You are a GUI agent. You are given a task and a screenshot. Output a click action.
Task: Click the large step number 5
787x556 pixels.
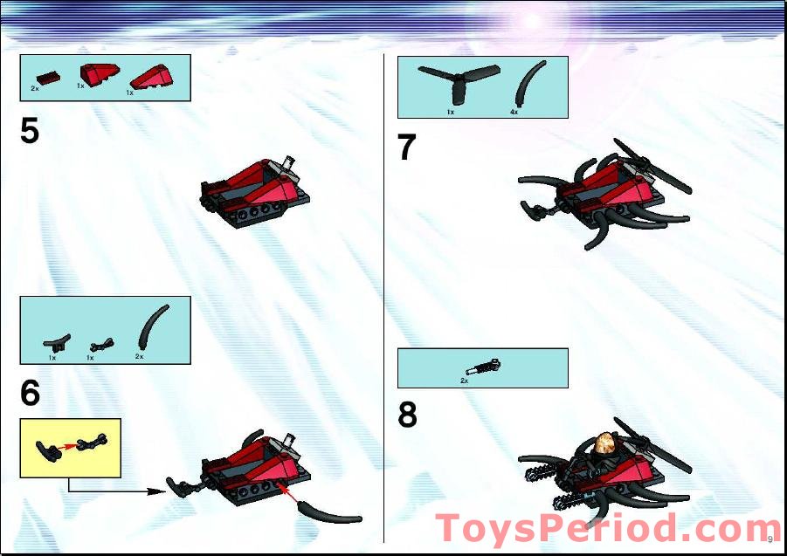30,130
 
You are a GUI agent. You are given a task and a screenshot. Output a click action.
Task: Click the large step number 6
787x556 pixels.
30,393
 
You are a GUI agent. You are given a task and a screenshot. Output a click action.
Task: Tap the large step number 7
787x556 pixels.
406,147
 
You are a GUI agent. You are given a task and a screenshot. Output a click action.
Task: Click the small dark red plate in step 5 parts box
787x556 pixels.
49,79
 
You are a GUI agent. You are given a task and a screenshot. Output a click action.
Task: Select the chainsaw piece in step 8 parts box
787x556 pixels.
483,368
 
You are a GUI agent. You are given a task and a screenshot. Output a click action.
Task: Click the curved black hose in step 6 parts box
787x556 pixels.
153,326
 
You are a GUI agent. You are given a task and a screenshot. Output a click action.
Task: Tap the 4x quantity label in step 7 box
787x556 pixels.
514,113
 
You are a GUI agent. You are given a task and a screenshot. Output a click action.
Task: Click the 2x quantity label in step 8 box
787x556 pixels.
465,381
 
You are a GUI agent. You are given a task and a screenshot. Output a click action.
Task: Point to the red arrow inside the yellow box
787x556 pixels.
68,445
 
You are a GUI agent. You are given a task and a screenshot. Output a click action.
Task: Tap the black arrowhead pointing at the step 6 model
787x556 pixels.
156,491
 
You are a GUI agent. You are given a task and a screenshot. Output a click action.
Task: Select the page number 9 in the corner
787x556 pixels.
770,539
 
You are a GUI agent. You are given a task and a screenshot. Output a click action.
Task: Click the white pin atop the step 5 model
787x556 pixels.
288,161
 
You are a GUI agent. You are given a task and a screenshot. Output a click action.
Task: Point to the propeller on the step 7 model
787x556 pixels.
652,166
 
